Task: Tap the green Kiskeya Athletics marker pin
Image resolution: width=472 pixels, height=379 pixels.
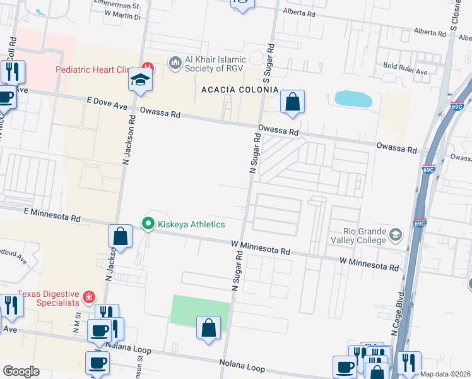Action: [148, 224]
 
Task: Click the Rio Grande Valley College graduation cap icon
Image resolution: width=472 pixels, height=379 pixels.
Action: [396, 235]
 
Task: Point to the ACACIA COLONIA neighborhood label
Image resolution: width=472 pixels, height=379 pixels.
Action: [240, 90]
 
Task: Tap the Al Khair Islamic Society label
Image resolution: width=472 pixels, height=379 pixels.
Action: [223, 64]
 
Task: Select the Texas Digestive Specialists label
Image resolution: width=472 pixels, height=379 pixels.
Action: [49, 298]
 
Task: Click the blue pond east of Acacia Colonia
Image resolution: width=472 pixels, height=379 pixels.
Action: [353, 99]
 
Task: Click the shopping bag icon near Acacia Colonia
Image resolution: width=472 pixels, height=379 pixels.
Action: [293, 102]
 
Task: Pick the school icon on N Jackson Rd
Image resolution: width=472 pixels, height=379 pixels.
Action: [141, 80]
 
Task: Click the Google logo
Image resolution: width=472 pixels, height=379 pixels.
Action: [21, 371]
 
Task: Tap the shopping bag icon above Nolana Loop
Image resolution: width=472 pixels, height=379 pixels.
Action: [209, 328]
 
